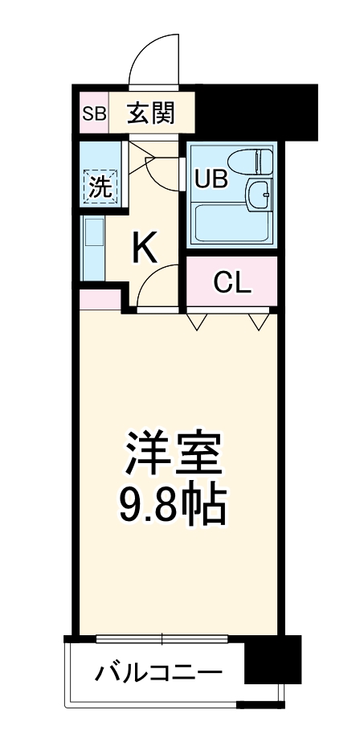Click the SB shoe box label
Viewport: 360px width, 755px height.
click(x=94, y=113)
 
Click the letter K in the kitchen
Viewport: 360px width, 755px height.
click(x=145, y=248)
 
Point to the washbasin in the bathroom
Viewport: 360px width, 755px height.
click(x=260, y=192)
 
